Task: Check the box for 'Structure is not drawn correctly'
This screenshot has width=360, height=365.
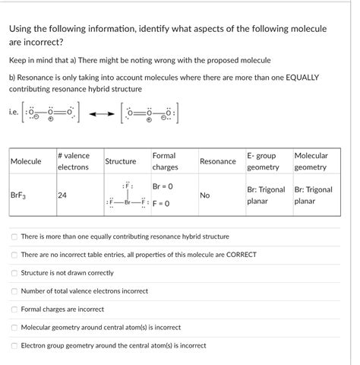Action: click(14, 273)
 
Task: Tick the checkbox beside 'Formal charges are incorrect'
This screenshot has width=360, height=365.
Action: click(14, 309)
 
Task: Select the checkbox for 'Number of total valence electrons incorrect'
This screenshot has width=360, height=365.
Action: click(14, 291)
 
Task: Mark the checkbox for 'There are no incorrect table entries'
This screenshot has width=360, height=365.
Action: click(14, 255)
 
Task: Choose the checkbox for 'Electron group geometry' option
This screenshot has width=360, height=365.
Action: click(14, 346)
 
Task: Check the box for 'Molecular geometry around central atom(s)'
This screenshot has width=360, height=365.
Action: click(14, 328)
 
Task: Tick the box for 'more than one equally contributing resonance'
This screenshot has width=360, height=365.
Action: click(14, 236)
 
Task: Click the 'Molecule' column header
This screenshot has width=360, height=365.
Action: click(26, 161)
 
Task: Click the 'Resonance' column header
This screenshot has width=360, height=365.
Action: click(217, 161)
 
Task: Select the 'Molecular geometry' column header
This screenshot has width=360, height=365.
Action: click(311, 161)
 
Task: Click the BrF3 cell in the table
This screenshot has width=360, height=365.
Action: click(19, 195)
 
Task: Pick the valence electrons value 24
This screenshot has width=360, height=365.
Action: click(62, 195)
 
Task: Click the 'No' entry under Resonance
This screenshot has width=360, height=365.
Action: click(205, 195)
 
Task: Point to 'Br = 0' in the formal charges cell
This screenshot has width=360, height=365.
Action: click(163, 187)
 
